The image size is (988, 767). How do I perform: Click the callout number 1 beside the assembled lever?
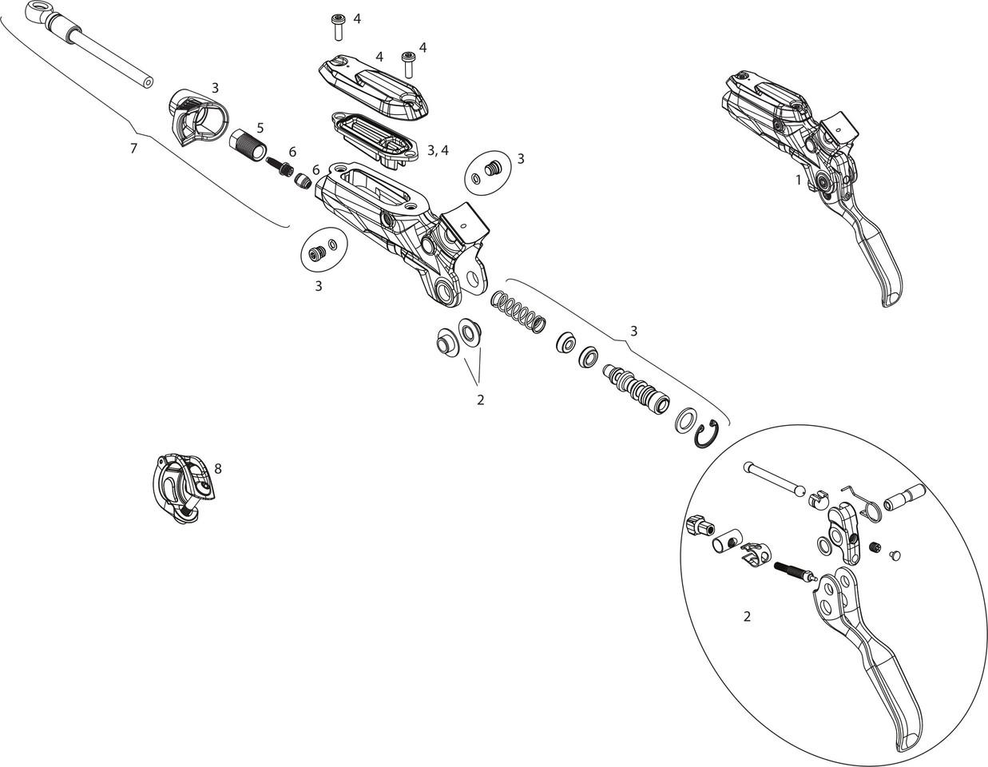click(797, 180)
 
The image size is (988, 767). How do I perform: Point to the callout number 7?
click(133, 148)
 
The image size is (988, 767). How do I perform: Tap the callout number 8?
click(217, 469)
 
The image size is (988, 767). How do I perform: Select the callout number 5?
click(260, 127)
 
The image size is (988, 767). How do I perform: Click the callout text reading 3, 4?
click(438, 149)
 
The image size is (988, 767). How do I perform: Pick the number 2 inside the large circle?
click(746, 616)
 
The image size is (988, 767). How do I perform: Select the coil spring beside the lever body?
click(518, 312)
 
